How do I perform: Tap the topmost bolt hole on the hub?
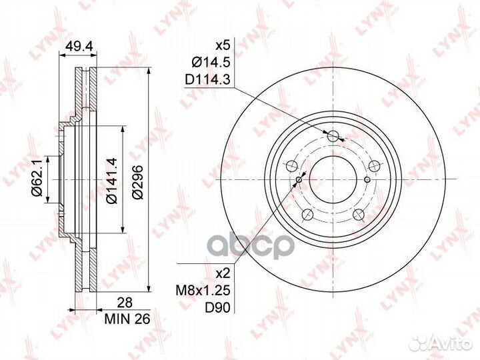click(x=334, y=137)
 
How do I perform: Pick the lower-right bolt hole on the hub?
click(x=359, y=214)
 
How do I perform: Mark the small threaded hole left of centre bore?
click(x=300, y=179)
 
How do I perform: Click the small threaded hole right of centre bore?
click(x=367, y=179)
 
